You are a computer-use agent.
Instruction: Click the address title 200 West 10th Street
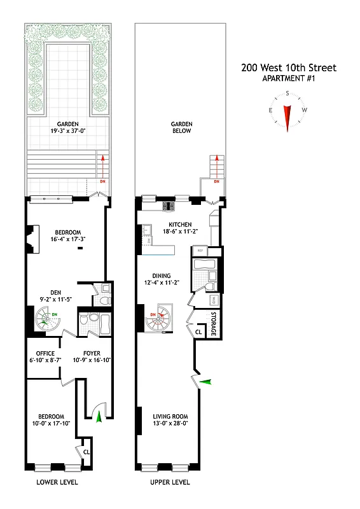coord(288,68)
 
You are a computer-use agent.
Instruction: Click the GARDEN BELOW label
coord(181,127)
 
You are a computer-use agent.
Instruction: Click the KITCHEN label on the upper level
coord(180,225)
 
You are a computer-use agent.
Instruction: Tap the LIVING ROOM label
coord(168,418)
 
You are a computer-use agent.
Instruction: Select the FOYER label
coord(93,353)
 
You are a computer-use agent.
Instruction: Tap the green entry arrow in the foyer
coord(98,417)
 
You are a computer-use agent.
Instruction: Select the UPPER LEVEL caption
coord(169,482)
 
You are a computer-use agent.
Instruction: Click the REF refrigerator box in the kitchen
coord(199,251)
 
